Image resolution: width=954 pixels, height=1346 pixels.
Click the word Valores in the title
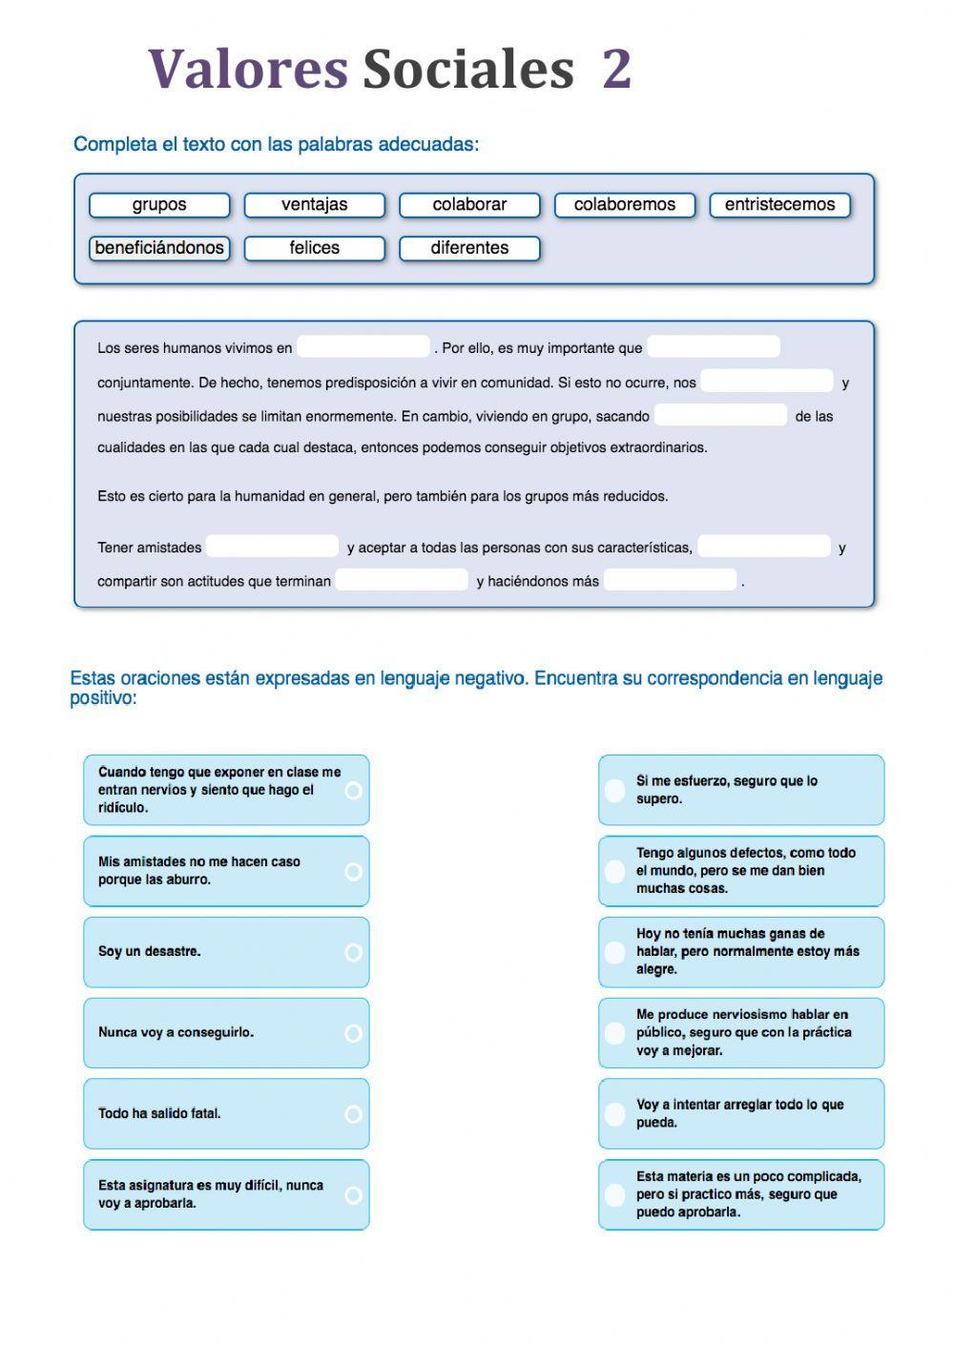coord(248,69)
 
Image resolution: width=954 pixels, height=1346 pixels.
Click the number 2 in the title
coord(616,69)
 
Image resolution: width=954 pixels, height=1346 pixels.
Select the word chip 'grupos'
coord(159,205)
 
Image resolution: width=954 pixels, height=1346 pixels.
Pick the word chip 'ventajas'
coord(314,205)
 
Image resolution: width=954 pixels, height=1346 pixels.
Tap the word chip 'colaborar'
coord(469,205)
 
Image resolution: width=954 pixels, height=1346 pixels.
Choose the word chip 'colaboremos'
coord(624,205)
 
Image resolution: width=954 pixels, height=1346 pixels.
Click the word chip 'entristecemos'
coord(779,205)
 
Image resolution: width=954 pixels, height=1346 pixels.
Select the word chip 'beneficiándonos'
coord(159,248)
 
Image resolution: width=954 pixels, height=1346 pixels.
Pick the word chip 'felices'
coord(314,248)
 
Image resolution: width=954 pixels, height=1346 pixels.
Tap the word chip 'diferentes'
coord(469,248)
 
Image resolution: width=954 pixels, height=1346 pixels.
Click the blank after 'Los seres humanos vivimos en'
coord(363,347)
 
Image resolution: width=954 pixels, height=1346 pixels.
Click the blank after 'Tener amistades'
coord(273,547)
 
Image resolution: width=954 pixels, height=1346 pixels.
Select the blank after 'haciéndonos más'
coord(671,580)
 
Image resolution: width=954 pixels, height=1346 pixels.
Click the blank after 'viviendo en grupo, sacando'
coord(721,415)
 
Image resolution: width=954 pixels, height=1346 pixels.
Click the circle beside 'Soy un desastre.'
coord(353,952)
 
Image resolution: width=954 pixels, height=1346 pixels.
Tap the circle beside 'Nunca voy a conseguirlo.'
coord(353,1033)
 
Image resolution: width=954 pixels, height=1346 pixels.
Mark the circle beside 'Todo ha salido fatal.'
coord(353,1114)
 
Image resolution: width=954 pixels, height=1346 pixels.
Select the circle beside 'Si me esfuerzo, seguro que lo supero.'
coord(615,790)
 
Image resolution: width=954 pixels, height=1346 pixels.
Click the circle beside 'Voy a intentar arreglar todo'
coord(615,1113)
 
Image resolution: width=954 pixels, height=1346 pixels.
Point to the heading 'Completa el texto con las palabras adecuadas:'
coord(276,144)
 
